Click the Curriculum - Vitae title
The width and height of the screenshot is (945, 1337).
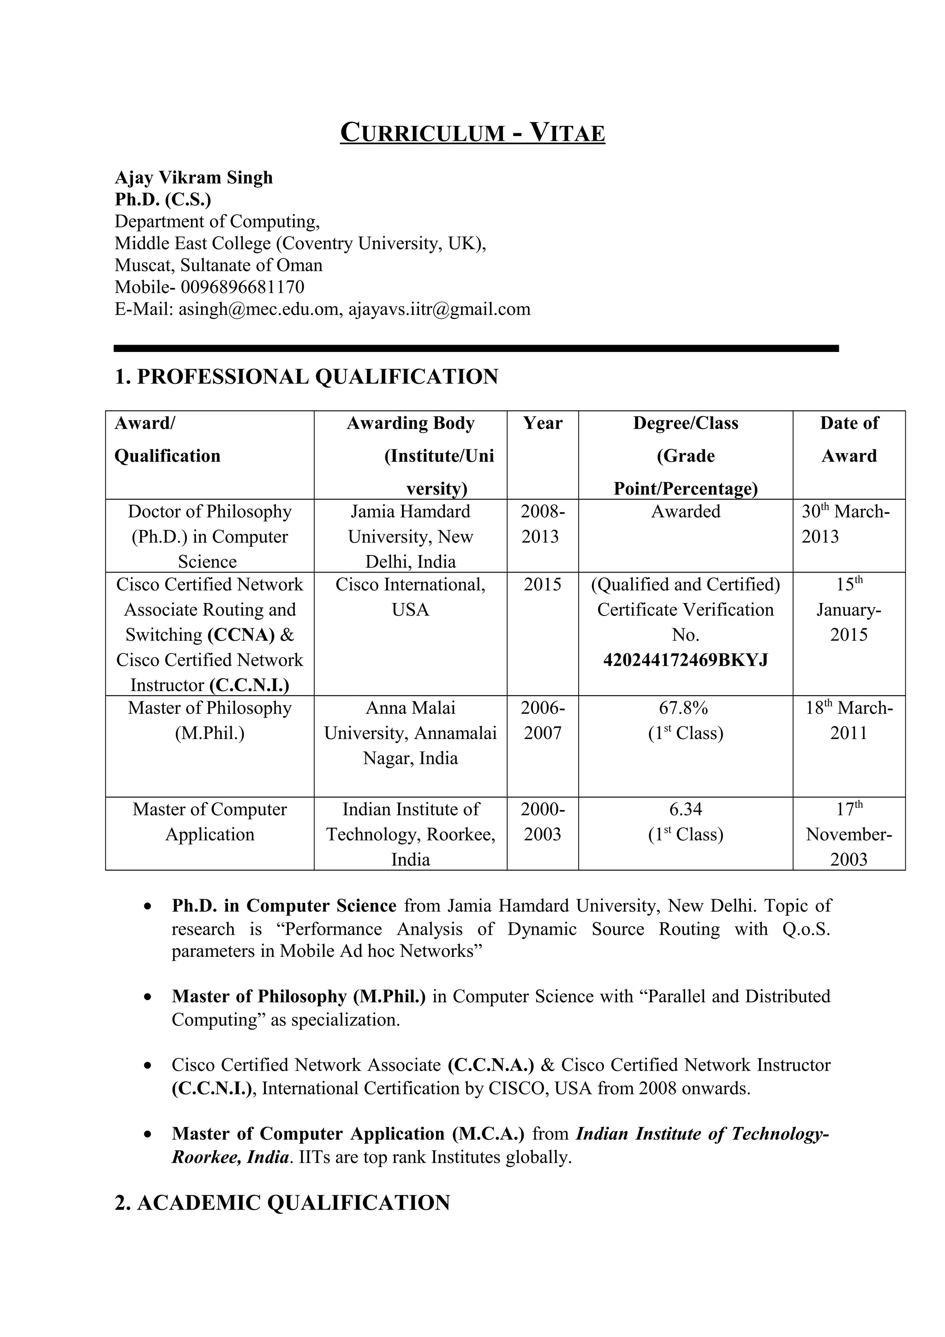472,132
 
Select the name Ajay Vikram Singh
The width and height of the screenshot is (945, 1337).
193,177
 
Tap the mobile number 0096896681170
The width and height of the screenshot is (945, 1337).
242,287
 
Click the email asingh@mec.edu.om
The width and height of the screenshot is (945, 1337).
258,309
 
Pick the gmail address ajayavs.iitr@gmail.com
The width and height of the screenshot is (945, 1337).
440,309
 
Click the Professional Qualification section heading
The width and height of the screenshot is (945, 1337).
306,377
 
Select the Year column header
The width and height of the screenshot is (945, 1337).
543,424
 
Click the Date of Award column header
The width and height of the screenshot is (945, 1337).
849,439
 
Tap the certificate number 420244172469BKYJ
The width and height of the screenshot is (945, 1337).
685,660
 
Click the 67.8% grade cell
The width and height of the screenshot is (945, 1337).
685,708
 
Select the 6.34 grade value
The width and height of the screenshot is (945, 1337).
685,809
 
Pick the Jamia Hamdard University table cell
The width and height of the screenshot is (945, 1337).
411,536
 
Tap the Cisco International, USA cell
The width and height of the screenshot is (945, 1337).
411,597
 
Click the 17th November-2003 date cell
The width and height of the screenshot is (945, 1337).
849,834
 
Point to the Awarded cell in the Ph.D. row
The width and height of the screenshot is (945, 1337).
685,511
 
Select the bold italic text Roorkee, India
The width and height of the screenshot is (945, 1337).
230,1157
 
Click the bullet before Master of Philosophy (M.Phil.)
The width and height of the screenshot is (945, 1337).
149,997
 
